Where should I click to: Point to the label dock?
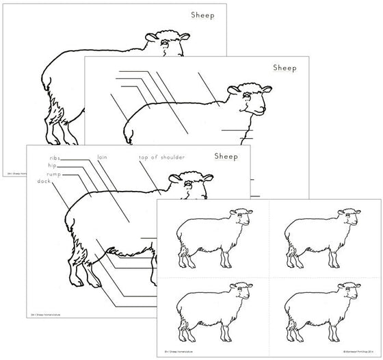click(x=44, y=181)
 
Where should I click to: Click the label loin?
click(x=103, y=157)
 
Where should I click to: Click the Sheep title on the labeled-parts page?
click(x=225, y=156)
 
